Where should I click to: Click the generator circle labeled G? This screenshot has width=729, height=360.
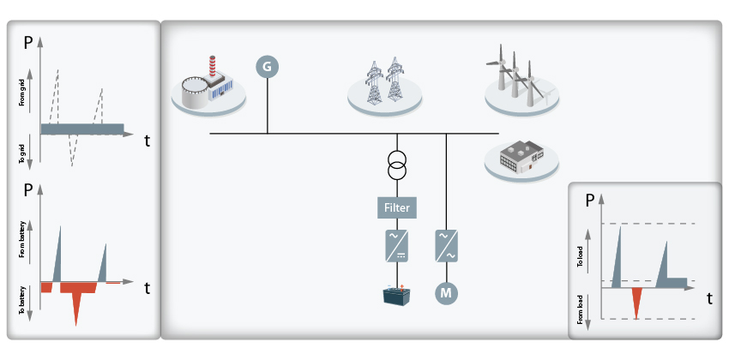[x=268, y=67]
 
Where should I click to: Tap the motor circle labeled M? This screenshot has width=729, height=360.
[x=446, y=293]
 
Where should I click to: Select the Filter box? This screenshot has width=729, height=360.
[x=396, y=207]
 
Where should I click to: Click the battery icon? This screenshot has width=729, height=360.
[x=396, y=296]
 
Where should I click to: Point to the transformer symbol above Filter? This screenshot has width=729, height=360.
[x=396, y=165]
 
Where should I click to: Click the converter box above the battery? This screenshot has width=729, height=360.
[x=396, y=246]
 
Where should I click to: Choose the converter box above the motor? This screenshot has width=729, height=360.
[x=446, y=246]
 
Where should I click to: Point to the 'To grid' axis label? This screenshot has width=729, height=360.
[x=21, y=152]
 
